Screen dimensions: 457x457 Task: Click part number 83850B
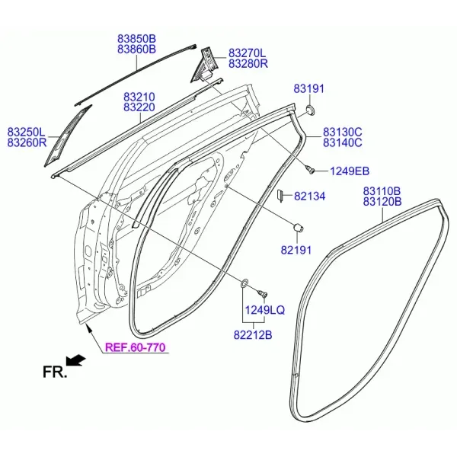pos(136,39)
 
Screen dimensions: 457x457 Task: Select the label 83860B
pos(136,50)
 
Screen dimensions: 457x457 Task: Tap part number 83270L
pos(247,53)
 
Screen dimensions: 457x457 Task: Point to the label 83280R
pos(248,63)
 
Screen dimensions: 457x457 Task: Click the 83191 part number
pos(308,88)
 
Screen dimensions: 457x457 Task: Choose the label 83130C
pos(343,132)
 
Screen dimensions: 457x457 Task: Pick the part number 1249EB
pos(350,171)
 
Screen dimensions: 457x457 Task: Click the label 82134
pos(309,197)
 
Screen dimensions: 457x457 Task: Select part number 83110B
pos(382,191)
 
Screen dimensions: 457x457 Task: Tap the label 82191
pos(296,250)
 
